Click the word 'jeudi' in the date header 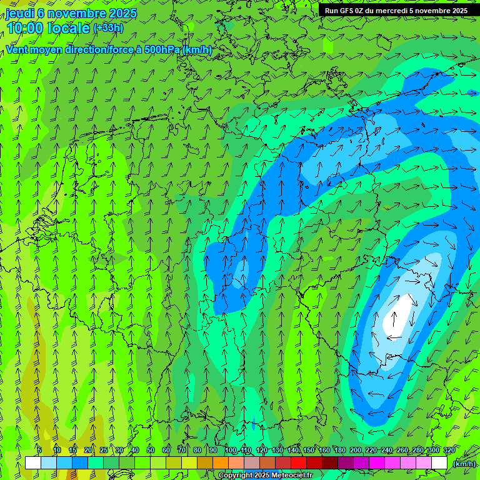(20, 13)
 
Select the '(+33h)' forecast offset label (108, 28)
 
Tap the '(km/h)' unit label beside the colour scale (463, 463)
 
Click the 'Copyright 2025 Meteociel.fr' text (265, 476)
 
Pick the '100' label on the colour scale (231, 451)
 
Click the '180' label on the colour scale (339, 451)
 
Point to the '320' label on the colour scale (449, 451)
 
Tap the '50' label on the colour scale (150, 451)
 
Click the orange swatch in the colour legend (221, 463)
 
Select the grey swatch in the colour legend (252, 463)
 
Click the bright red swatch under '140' (299, 463)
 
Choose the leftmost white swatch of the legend (33, 463)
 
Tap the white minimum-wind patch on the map (400, 312)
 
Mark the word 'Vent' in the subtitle (18, 49)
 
